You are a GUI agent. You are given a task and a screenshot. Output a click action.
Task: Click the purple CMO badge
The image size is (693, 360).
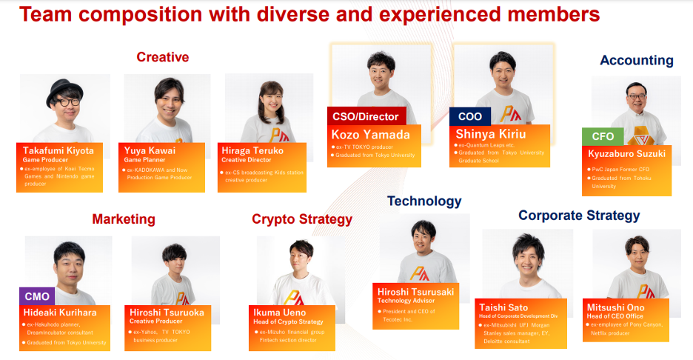pos(37,296)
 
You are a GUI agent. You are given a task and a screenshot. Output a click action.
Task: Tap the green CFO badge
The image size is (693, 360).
pos(603,136)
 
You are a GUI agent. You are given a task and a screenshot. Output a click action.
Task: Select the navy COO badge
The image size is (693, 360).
pos(470,116)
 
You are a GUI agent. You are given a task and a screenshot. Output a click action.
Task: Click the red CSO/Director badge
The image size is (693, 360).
pos(366,116)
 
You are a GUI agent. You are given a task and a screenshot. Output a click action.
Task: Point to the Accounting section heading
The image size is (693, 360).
pos(637,60)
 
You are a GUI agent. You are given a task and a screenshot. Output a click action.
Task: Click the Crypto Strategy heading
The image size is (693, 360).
pos(302,219)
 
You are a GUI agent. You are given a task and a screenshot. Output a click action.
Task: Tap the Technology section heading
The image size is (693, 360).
pos(424,201)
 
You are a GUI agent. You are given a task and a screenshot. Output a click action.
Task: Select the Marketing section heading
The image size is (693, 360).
pos(124,219)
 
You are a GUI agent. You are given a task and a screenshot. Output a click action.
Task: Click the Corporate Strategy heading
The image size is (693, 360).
pos(579,216)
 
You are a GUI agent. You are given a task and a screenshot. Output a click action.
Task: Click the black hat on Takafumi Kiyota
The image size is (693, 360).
pos(64,91)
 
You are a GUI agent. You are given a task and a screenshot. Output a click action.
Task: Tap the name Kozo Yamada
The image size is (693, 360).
pos(370,135)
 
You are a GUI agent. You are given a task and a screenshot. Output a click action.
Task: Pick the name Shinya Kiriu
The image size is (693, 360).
pos(491,134)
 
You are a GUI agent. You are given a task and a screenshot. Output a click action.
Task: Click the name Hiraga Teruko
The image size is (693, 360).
pos(252,150)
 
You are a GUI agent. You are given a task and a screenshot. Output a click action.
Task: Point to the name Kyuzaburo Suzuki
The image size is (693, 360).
pos(626,154)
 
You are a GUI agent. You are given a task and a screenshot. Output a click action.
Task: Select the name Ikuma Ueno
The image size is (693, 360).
pos(279,313)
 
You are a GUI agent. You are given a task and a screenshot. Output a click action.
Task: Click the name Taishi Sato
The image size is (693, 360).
pos(503,307)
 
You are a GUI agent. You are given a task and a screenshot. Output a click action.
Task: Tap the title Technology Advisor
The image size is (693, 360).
pos(406,301)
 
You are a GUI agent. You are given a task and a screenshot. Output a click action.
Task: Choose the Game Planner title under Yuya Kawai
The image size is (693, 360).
pos(144,160)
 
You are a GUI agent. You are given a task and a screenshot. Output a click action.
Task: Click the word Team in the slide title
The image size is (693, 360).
pos(46,14)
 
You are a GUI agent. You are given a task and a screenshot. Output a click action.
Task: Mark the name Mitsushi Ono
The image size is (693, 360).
pos(615,307)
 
